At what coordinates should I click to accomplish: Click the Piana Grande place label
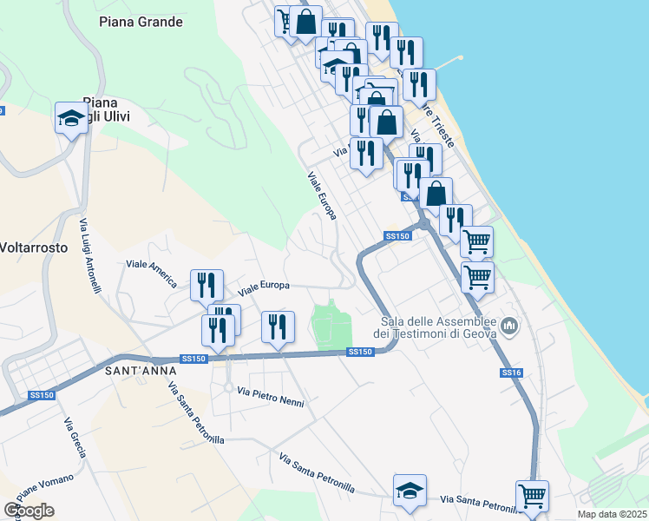point(141,22)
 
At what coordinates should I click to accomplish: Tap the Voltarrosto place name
point(32,246)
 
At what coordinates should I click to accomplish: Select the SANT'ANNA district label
point(135,371)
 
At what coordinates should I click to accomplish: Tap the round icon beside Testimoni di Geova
point(509,326)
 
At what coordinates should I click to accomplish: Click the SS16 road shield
point(511,373)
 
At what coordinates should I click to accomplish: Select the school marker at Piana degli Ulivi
point(71,118)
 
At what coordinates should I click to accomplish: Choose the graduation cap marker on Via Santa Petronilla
point(410,491)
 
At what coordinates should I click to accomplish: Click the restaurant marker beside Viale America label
point(206,283)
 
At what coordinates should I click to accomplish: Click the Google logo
point(29,511)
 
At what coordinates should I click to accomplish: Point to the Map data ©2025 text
point(612,514)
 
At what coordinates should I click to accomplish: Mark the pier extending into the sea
point(445,63)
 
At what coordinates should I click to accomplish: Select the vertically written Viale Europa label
point(321,195)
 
